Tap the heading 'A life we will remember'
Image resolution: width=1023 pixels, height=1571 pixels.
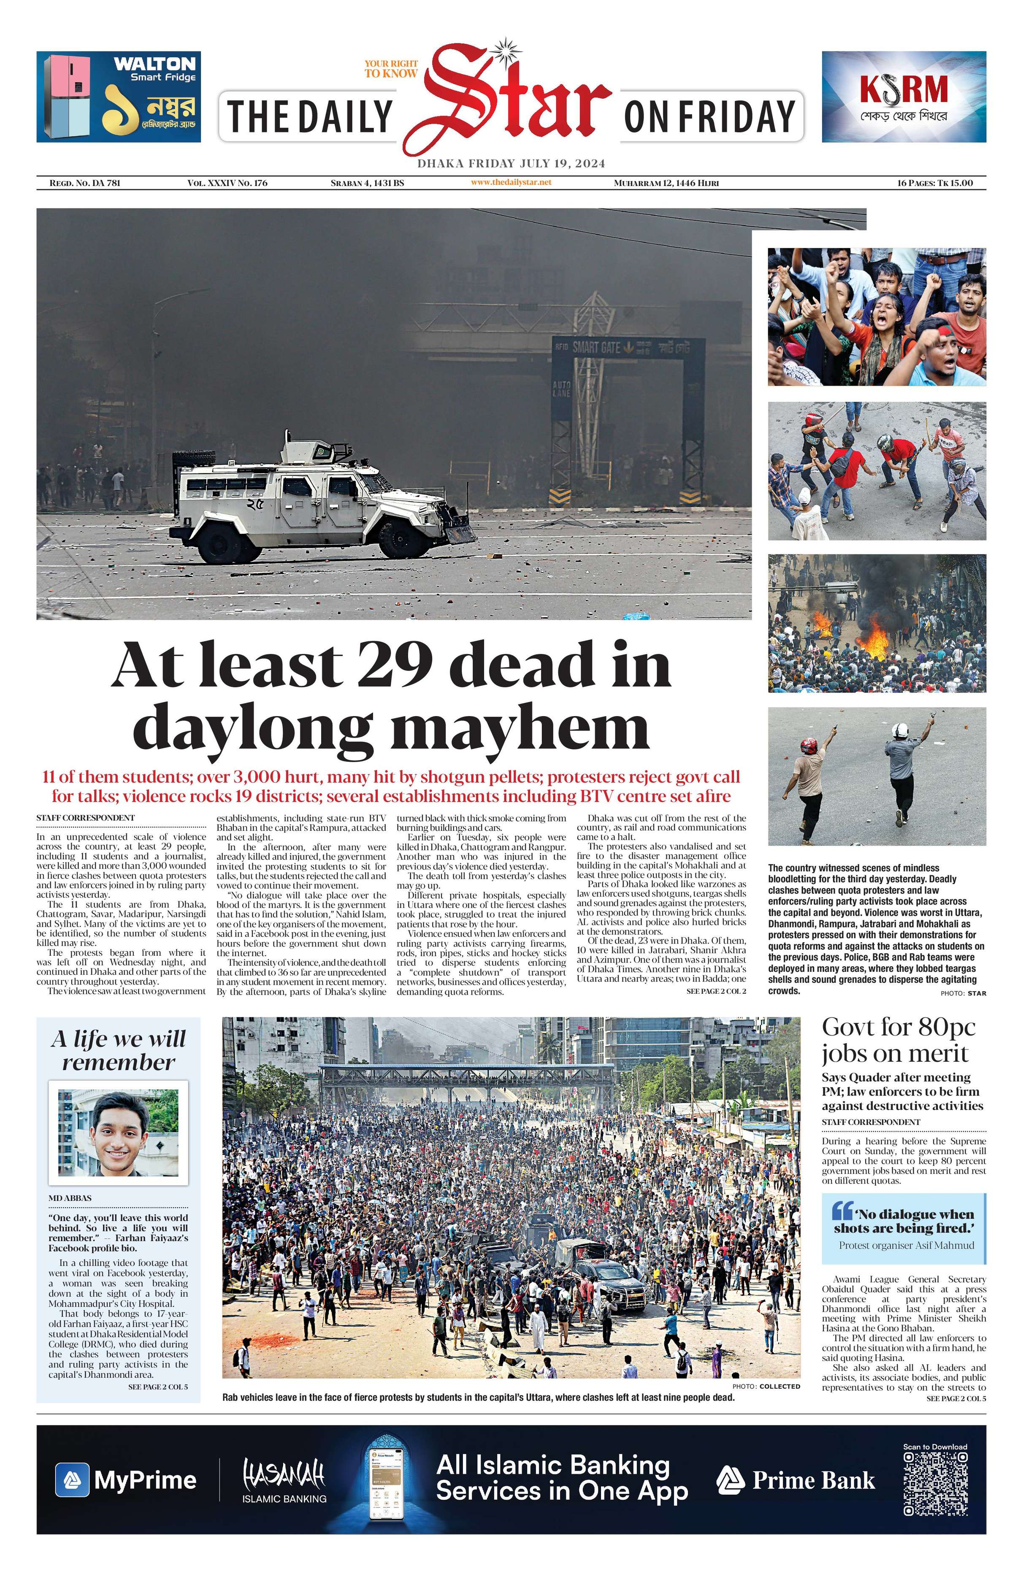(118, 1050)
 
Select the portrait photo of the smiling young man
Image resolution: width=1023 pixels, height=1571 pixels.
(118, 1133)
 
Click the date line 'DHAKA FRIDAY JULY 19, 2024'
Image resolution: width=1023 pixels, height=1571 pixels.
(511, 164)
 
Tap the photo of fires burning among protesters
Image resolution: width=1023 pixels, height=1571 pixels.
(877, 623)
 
